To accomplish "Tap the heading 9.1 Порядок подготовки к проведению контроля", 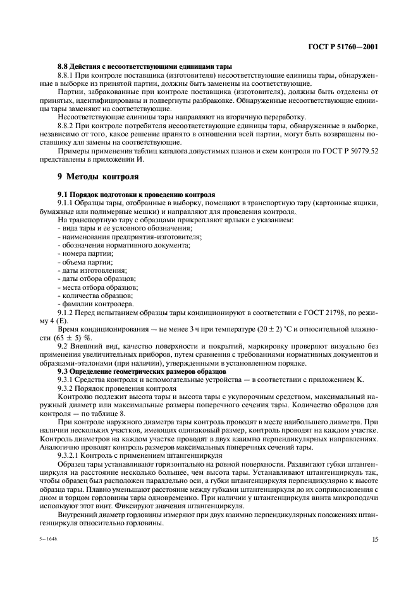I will pos(136,194).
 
